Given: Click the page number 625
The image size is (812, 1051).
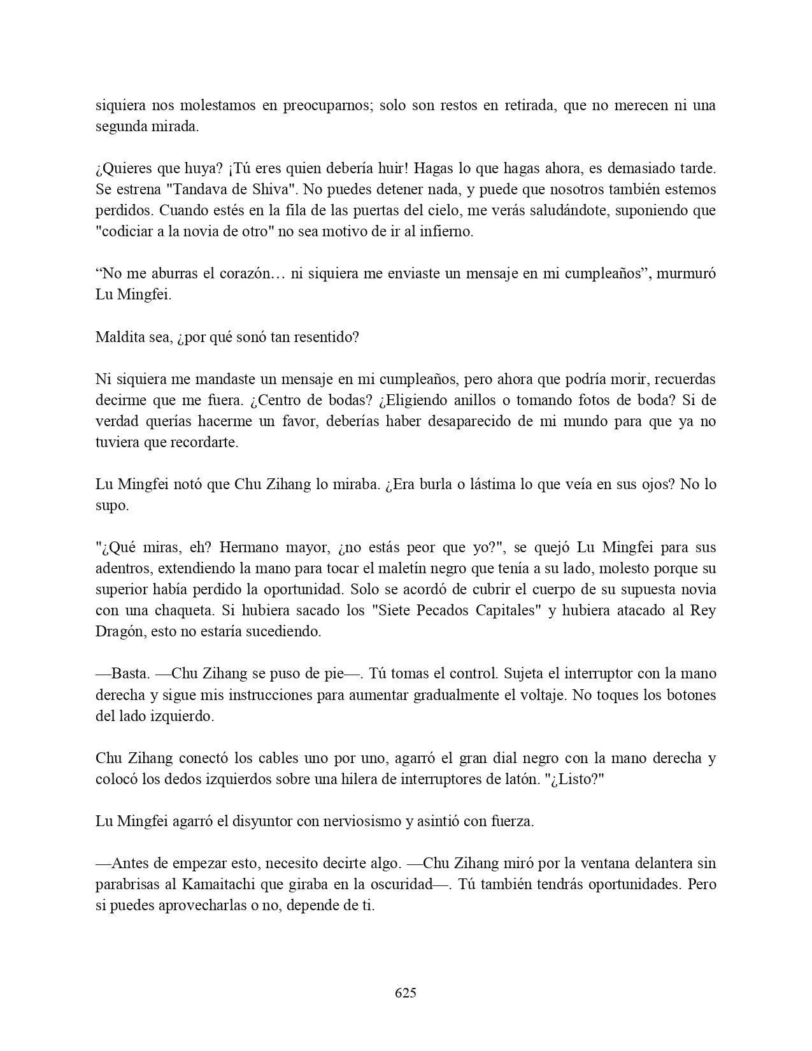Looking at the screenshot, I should (x=406, y=992).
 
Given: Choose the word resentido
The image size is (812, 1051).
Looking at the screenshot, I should (x=323, y=338).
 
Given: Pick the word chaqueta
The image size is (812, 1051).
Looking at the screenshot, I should (x=180, y=611).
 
